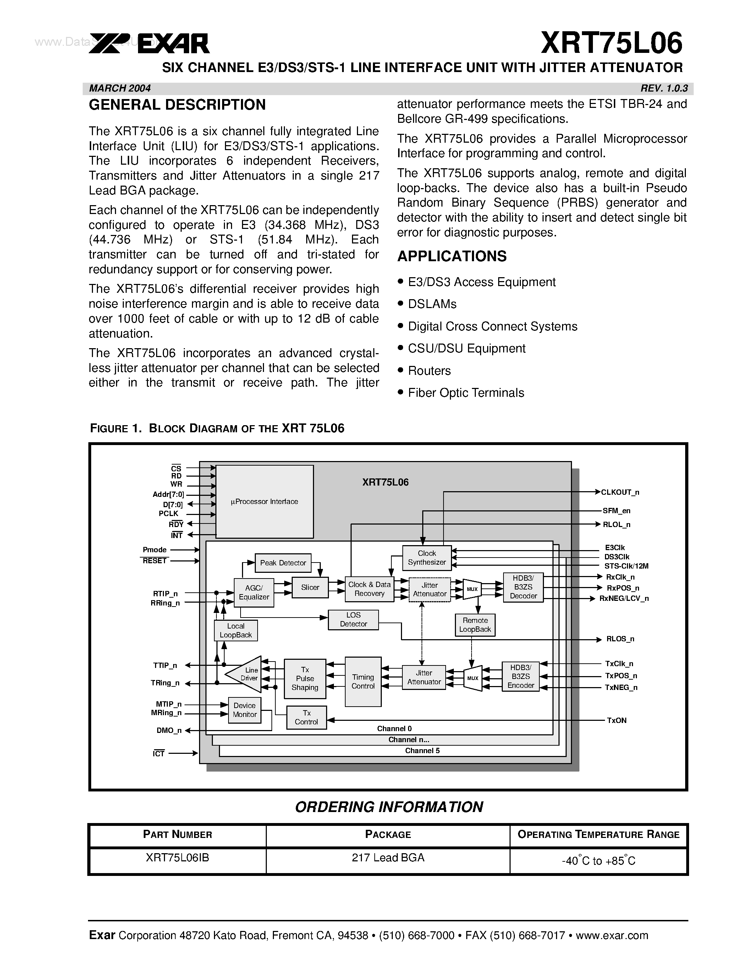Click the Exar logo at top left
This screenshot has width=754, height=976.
pos(149,44)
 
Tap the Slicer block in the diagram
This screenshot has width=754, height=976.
pos(310,588)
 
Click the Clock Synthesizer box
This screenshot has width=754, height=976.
pos(426,558)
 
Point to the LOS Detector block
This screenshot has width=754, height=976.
pos(353,620)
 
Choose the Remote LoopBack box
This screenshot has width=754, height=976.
pos(475,625)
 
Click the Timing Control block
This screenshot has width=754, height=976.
pos(363,681)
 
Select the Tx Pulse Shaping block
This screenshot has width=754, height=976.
pos(305,678)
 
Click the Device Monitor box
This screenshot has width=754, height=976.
pos(244,710)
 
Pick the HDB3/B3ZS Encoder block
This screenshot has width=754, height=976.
pos(521,676)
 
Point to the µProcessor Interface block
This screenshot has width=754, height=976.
pos(264,502)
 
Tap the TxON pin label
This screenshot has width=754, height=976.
pos(616,720)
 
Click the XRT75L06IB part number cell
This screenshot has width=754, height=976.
pos(177,857)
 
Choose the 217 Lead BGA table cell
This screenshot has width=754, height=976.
pos(388,857)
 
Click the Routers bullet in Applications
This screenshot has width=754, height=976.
pos(429,371)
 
